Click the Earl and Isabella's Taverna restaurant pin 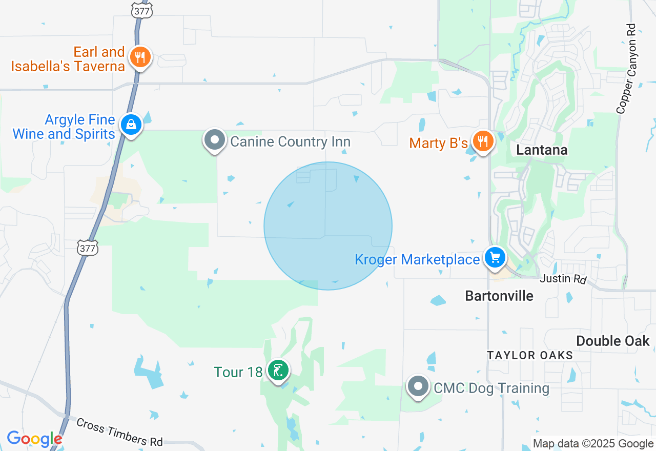139,56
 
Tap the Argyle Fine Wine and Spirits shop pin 131,125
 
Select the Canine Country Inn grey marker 215,140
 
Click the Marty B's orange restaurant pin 483,140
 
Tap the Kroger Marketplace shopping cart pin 495,257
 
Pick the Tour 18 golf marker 278,370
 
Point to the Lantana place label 542,150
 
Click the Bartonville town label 499,296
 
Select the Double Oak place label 612,341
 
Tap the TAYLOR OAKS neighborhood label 530,355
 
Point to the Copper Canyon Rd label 627,69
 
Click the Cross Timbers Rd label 119,432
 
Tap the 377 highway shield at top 142,10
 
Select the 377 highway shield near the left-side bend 88,249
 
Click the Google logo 34,439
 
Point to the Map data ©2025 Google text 593,444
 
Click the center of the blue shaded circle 328,226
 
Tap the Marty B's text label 439,142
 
